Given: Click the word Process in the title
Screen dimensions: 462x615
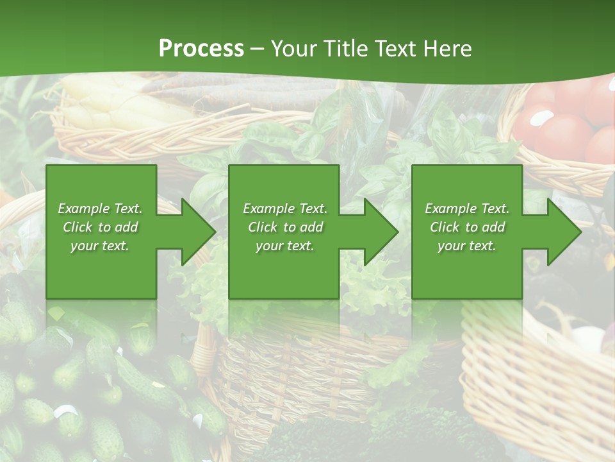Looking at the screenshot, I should (201, 49).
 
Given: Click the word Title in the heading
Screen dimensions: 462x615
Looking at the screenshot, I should (345, 49).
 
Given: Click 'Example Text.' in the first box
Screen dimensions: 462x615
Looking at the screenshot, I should (100, 209).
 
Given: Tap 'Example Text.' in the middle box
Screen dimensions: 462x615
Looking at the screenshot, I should (285, 209).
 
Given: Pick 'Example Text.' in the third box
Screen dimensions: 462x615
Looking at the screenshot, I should (467, 209).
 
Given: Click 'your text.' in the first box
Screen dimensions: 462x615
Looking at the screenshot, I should (100, 246).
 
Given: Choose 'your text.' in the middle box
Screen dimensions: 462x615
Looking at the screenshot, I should (285, 246).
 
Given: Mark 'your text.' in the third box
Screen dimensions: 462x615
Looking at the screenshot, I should (467, 246).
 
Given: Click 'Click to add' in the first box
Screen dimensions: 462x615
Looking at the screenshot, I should (100, 227).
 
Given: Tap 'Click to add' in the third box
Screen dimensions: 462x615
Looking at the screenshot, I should (467, 227).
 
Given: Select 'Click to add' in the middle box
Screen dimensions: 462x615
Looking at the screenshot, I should (285, 227).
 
